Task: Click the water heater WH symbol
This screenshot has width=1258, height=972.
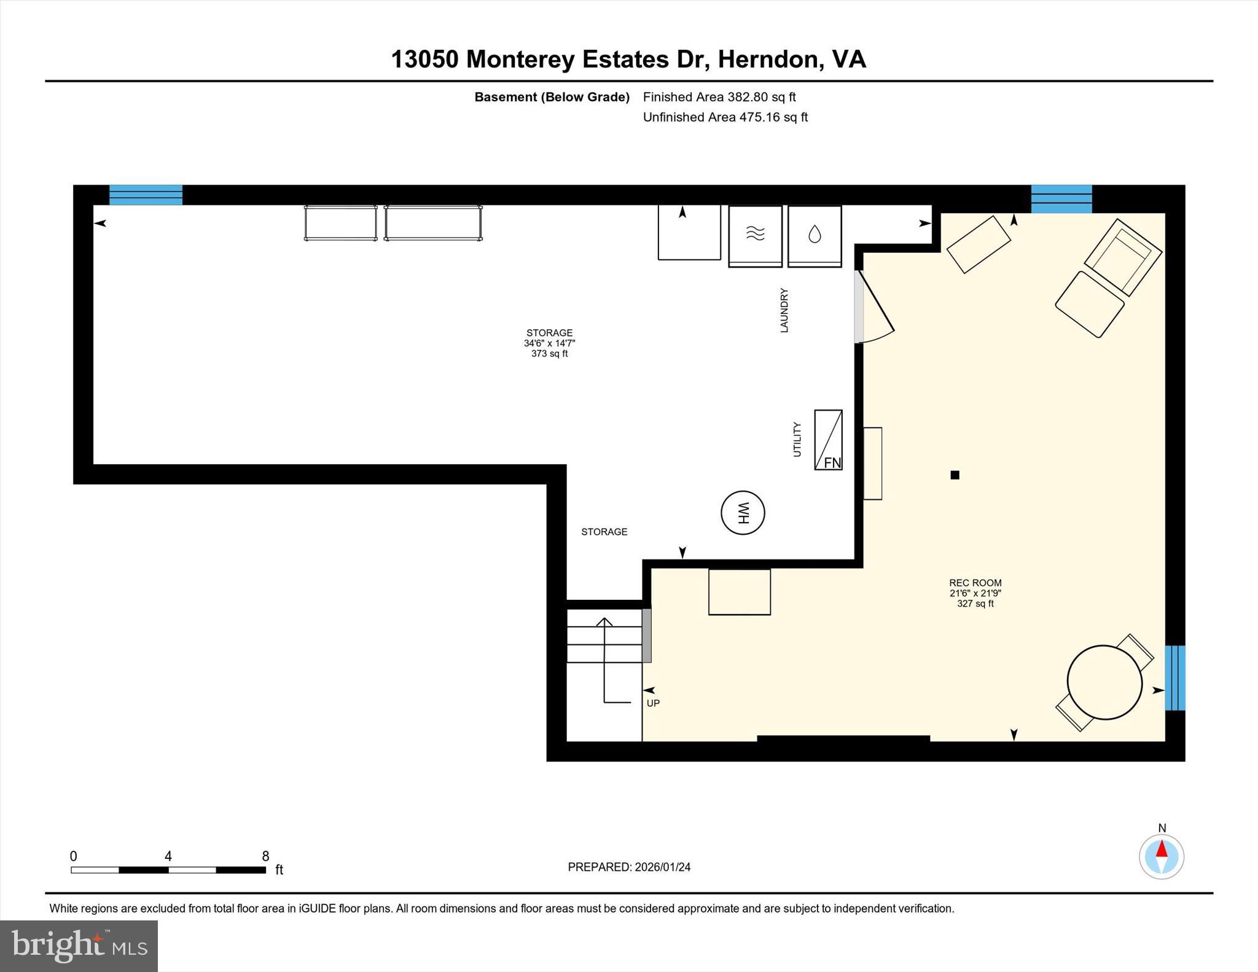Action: click(x=743, y=513)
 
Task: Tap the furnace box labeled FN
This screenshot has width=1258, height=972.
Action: click(x=828, y=440)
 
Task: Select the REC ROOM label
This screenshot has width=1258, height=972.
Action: click(x=975, y=583)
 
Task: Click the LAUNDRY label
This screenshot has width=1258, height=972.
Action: click(x=784, y=310)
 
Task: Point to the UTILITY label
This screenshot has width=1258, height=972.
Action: click(x=797, y=439)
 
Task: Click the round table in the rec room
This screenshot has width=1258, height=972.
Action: click(x=1104, y=682)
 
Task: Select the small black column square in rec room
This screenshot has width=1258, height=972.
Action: click(x=955, y=475)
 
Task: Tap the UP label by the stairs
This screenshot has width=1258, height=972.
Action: click(x=653, y=703)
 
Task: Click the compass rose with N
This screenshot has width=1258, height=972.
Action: click(x=1161, y=856)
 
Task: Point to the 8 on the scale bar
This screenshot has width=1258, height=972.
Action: click(x=265, y=856)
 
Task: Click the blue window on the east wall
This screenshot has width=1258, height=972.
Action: click(x=1174, y=677)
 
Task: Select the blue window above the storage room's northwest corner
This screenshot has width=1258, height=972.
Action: click(x=146, y=195)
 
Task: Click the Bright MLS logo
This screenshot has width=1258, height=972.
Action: click(x=79, y=946)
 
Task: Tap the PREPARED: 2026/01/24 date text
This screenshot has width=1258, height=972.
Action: click(x=629, y=867)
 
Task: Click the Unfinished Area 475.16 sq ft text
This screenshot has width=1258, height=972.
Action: click(x=725, y=117)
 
